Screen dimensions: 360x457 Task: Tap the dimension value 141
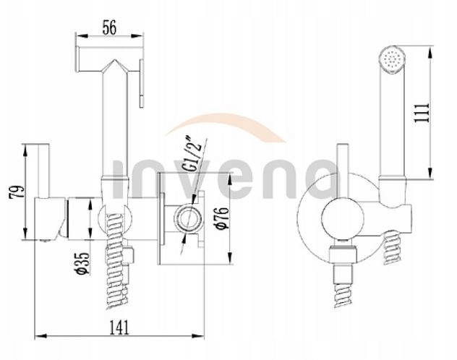point(110,326)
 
